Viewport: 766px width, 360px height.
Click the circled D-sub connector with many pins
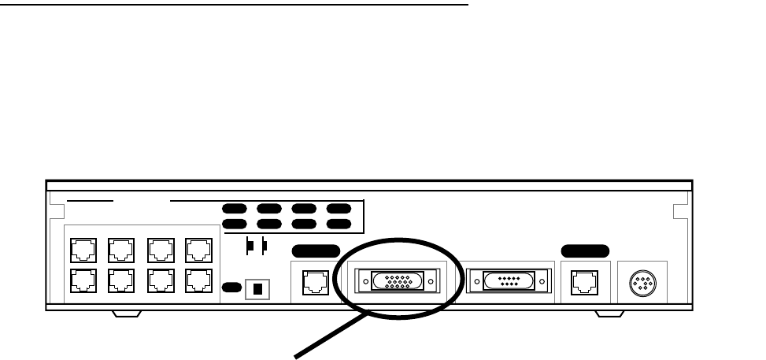(x=398, y=280)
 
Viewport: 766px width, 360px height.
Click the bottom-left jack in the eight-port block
(x=82, y=281)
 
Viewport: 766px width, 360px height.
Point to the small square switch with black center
(x=255, y=288)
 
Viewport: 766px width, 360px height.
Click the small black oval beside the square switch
(x=231, y=288)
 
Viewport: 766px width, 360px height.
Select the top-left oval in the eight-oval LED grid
(x=233, y=210)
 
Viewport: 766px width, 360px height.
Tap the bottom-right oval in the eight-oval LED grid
(x=339, y=225)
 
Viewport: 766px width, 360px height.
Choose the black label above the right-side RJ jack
(x=585, y=251)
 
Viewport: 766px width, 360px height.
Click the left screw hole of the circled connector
(x=364, y=280)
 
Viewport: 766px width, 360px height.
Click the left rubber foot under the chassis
(x=127, y=314)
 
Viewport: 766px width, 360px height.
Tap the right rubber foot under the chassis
(x=608, y=314)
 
